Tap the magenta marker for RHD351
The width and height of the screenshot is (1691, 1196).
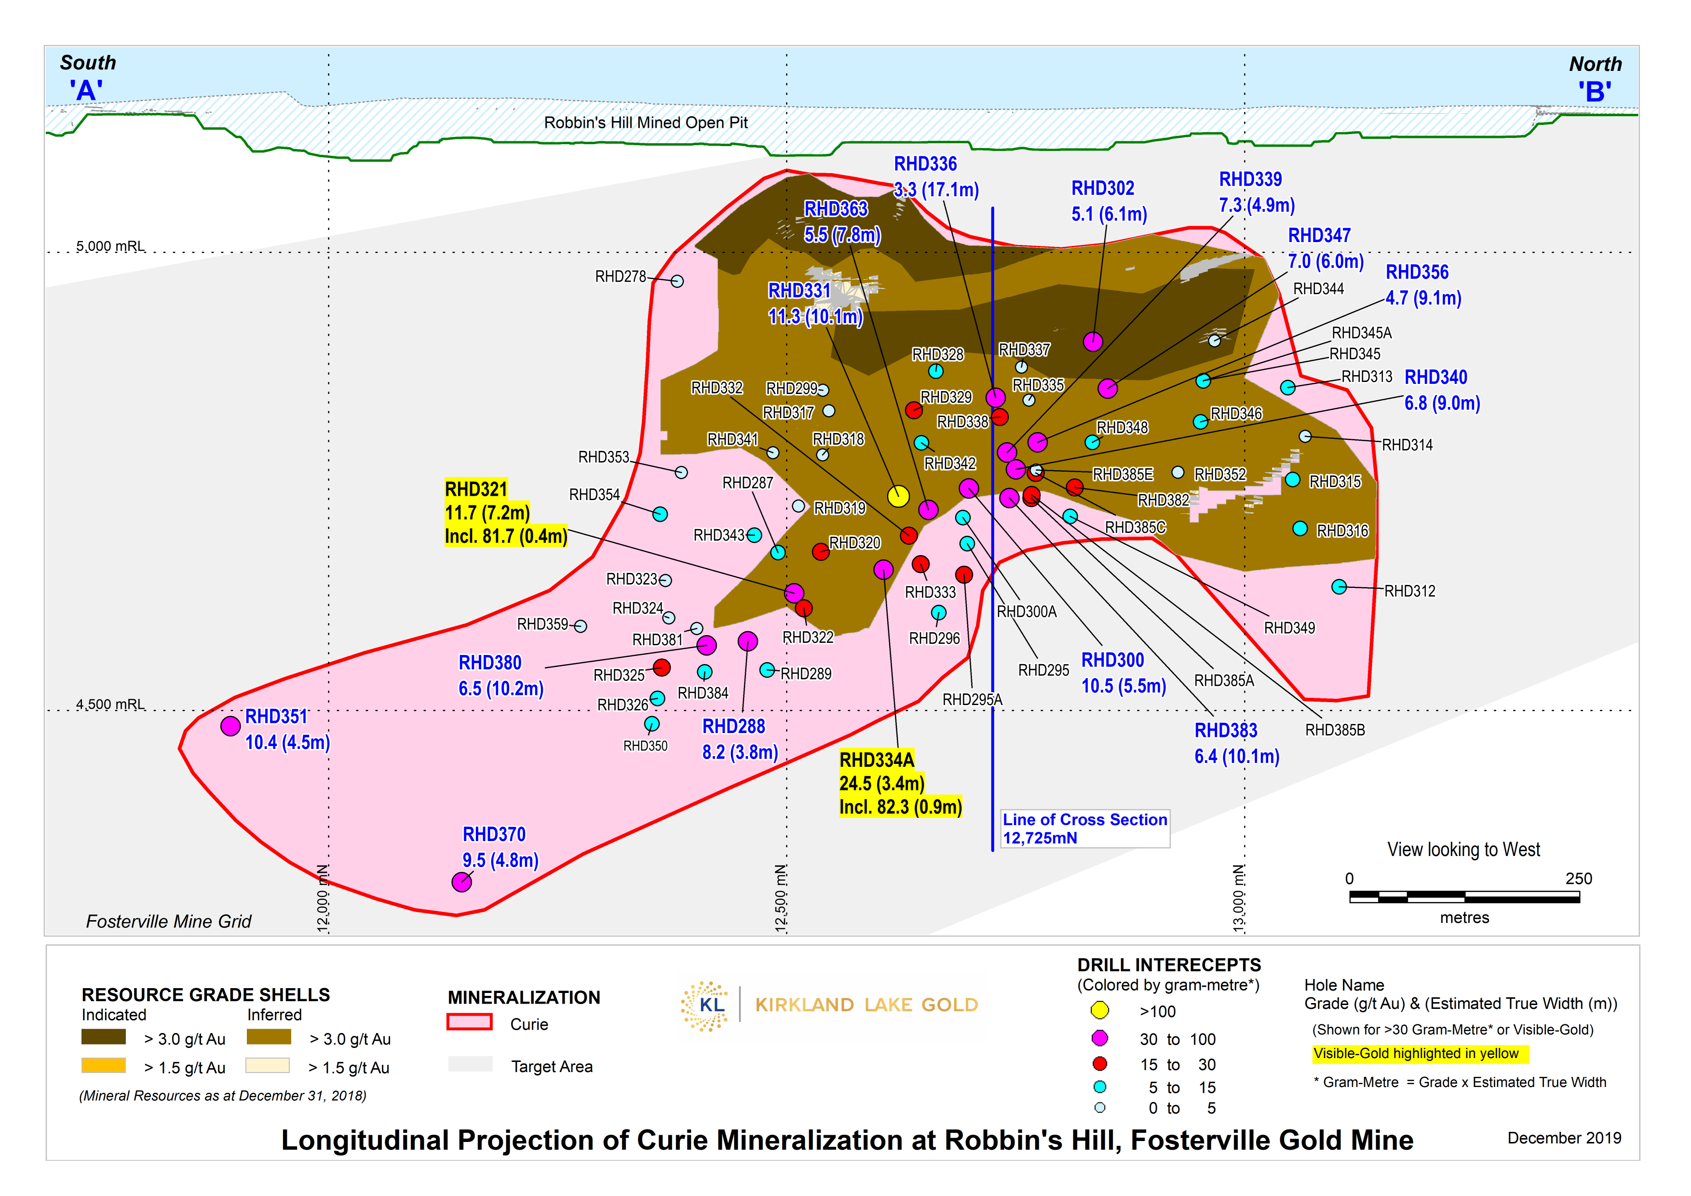(230, 726)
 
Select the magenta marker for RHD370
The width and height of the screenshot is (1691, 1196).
(462, 882)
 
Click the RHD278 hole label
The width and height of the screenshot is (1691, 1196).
(620, 277)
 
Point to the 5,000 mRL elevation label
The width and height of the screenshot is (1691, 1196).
(110, 246)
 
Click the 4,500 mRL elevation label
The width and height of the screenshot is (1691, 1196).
(110, 704)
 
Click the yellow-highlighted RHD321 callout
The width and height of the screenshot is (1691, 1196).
(505, 513)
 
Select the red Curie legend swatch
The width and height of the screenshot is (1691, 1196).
(469, 1022)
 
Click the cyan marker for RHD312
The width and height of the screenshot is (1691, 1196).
(1339, 587)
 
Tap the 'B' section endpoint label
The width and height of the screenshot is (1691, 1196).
(1595, 93)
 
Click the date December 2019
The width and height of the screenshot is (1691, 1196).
(1564, 1138)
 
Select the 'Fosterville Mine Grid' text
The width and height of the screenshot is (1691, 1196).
(169, 921)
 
